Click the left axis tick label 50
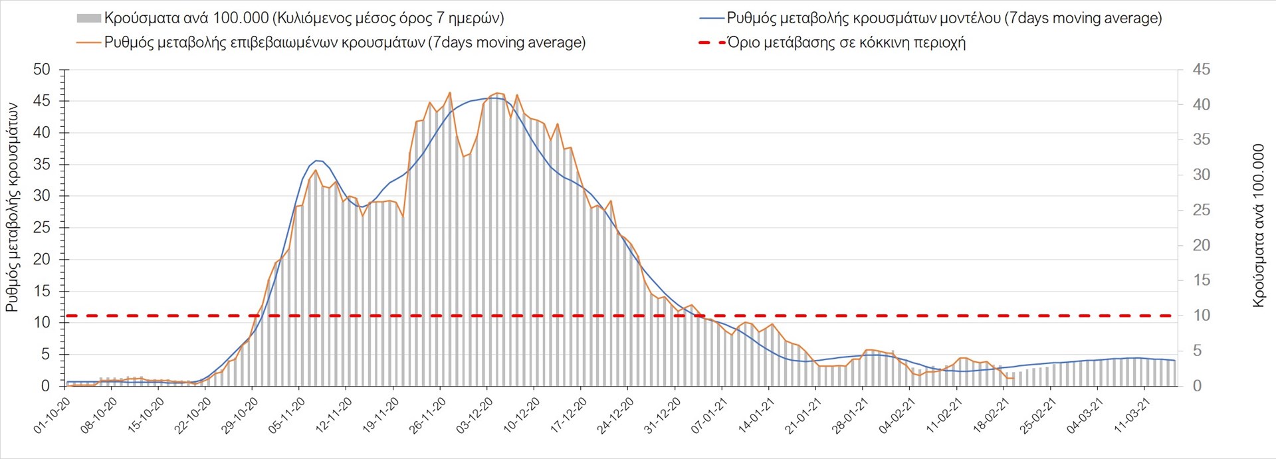[x=41, y=70]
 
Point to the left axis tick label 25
[x=41, y=228]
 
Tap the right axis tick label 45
[x=1201, y=70]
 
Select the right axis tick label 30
[x=1201, y=175]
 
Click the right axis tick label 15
[x=1201, y=280]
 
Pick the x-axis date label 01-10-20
[x=53, y=416]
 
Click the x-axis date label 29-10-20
[x=240, y=416]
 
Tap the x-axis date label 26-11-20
[x=428, y=416]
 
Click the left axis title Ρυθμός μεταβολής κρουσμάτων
[x=12, y=207]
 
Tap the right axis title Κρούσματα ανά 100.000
[x=1258, y=226]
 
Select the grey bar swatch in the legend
[x=88, y=19]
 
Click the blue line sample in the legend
[x=711, y=19]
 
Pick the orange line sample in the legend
[x=88, y=43]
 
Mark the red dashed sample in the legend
[x=711, y=43]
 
